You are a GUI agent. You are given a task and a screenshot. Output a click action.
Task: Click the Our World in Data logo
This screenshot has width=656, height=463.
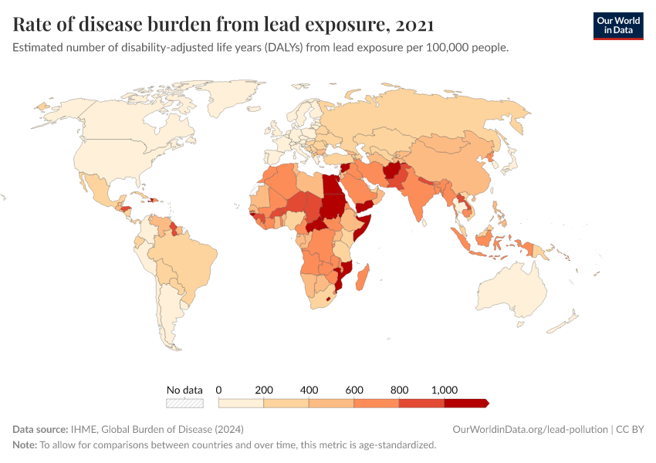tap(617, 25)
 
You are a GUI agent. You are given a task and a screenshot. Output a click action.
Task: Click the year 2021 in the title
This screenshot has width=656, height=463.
tap(413, 25)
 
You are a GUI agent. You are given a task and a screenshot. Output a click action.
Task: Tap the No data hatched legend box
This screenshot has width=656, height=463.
tap(184, 403)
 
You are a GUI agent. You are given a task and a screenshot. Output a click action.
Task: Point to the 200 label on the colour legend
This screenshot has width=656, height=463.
tap(264, 389)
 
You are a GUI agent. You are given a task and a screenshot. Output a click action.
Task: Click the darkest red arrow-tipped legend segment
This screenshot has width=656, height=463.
tap(465, 403)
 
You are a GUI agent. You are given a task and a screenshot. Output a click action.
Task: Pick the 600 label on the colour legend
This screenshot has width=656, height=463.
tap(354, 389)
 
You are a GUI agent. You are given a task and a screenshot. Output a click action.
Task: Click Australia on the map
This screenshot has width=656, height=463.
tap(515, 293)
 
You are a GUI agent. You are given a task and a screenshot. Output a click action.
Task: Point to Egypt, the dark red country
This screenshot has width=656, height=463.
tap(333, 185)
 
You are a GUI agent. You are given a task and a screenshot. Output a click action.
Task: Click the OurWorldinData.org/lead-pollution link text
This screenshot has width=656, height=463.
tap(528, 429)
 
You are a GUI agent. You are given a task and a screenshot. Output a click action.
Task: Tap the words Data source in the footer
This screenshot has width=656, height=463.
tap(39, 429)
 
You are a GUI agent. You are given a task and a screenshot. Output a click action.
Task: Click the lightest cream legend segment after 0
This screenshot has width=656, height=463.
tap(241, 403)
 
